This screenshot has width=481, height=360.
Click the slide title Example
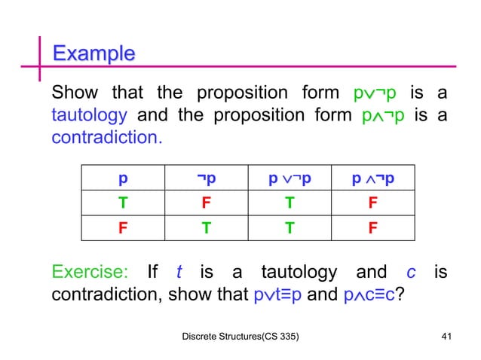tap(93, 53)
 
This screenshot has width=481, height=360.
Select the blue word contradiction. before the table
tap(106, 139)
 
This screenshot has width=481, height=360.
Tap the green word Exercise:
tap(89, 271)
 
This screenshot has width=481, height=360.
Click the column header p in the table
tap(122, 178)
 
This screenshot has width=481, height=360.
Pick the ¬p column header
tap(206, 178)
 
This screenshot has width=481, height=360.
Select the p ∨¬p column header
tap(290, 178)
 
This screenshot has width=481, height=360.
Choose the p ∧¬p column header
tap(373, 178)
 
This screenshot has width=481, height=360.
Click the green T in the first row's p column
tap(122, 203)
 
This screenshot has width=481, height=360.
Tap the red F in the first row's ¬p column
tap(206, 203)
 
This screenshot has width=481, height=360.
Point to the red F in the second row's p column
tap(122, 227)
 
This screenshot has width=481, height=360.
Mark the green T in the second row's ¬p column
tap(206, 227)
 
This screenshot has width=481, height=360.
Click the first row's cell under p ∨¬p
tap(290, 203)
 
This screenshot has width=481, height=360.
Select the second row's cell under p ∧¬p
tap(373, 227)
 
